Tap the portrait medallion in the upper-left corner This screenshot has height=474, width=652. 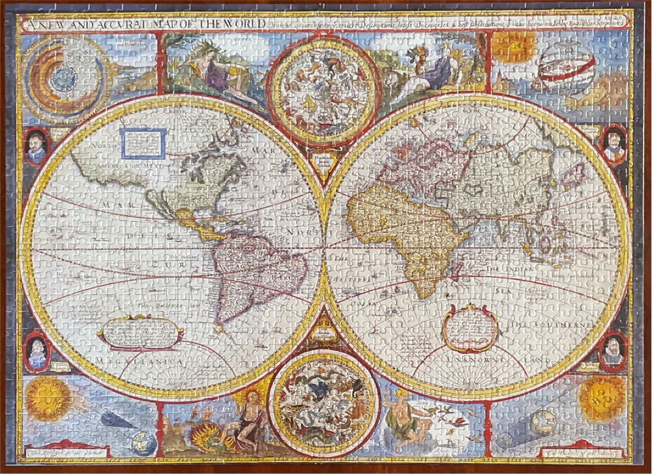[36, 146]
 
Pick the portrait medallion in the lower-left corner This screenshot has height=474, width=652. [37, 352]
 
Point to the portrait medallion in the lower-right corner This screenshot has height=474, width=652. [612, 351]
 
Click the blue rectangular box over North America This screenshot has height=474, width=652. [143, 143]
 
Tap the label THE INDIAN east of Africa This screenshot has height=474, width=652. [517, 268]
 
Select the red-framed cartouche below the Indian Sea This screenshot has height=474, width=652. [470, 327]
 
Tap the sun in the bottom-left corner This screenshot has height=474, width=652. [48, 398]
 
